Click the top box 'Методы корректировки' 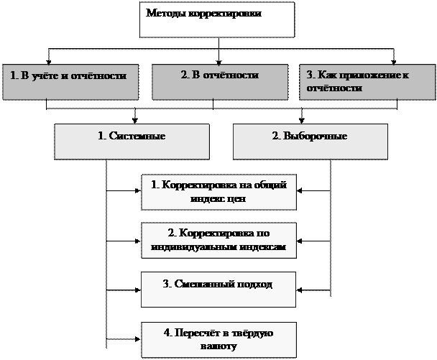(216, 19)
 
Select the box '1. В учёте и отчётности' (70, 82)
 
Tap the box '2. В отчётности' (220, 82)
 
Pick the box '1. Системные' (132, 141)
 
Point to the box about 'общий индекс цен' (219, 192)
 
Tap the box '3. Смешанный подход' (219, 289)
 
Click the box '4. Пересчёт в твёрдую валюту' (219, 339)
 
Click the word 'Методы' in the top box (161, 14)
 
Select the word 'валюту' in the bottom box (218, 346)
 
